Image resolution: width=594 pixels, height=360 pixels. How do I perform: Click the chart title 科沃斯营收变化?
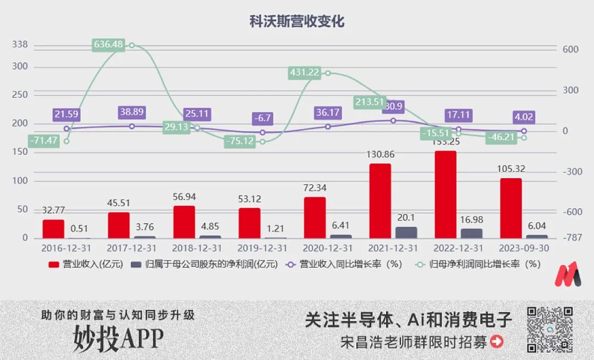point(296,21)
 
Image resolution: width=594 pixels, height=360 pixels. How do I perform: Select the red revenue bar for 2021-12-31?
point(380,201)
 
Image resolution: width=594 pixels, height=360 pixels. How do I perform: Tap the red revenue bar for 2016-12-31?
point(53,229)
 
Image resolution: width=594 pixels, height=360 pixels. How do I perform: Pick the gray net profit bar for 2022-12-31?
point(471,233)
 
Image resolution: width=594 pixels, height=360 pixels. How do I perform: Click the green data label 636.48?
point(108,45)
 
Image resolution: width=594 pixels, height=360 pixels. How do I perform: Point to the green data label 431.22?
point(304,73)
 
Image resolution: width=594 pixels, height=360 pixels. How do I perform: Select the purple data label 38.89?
point(132,112)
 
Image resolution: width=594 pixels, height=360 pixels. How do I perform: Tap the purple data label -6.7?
point(262,118)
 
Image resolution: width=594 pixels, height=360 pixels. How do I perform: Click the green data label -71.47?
point(43,140)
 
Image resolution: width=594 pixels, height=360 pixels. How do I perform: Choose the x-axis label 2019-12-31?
point(262,248)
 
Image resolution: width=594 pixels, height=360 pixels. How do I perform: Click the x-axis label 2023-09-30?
point(524,248)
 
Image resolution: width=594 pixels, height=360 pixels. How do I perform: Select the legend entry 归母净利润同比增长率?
point(478,264)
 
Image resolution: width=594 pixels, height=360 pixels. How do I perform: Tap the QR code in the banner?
point(550,329)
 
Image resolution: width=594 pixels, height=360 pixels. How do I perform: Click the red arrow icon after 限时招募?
point(497,342)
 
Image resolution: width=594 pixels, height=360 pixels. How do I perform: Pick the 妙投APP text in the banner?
point(118,339)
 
